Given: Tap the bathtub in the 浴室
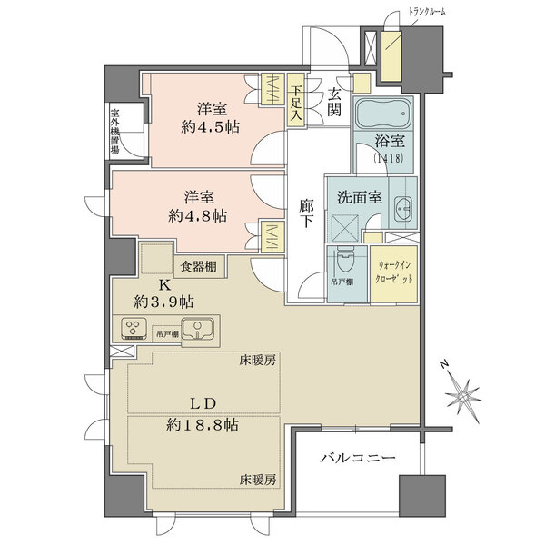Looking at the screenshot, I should coord(382,115).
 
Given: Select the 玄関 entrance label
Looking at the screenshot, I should coord(334,101).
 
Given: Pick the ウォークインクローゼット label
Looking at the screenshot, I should coord(395,272).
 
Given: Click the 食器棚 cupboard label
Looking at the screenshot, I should coord(197,266).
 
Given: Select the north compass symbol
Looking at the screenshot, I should coord(463,396).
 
